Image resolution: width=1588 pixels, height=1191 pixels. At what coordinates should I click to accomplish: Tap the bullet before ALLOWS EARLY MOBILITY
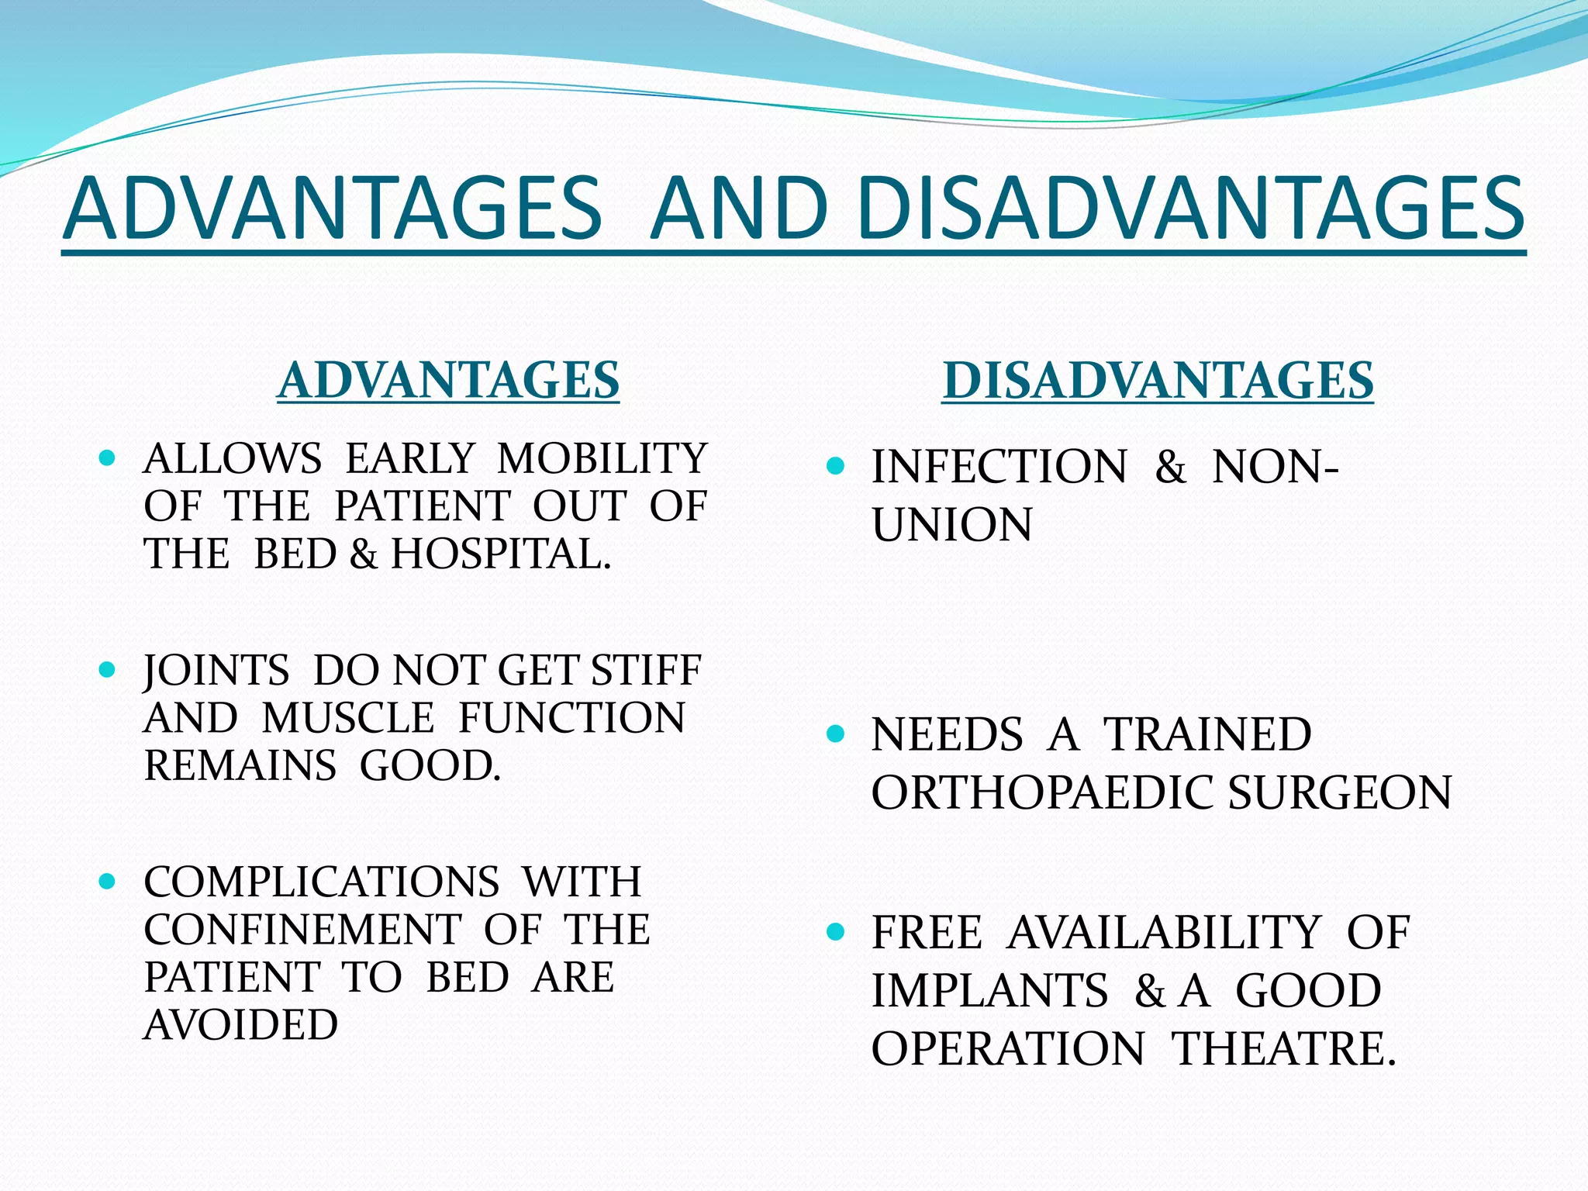click(x=108, y=457)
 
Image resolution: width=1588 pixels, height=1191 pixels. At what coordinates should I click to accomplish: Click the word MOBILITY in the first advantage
click(x=602, y=458)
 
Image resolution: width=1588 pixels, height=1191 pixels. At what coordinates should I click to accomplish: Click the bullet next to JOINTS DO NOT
click(x=108, y=669)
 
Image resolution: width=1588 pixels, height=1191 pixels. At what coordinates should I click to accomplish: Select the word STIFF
click(x=646, y=670)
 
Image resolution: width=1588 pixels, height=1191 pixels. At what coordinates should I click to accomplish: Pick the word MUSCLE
click(x=348, y=717)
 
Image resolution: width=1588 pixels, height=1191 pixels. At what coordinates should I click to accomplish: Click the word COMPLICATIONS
click(x=321, y=882)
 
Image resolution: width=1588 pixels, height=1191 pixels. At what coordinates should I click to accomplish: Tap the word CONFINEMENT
click(x=302, y=929)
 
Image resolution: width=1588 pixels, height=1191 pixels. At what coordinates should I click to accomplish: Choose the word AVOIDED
click(x=240, y=1024)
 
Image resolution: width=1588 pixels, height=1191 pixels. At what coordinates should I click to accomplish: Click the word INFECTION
click(x=999, y=467)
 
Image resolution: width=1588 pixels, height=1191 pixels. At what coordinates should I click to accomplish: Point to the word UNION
click(x=951, y=525)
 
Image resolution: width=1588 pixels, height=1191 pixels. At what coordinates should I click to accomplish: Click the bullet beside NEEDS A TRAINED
click(x=835, y=734)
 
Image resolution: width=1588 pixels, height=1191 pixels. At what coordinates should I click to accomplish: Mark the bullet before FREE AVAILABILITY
click(x=835, y=931)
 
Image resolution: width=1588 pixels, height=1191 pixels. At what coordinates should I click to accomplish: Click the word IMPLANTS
click(x=989, y=990)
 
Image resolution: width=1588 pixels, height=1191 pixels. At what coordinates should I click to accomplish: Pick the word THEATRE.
click(x=1283, y=1048)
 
